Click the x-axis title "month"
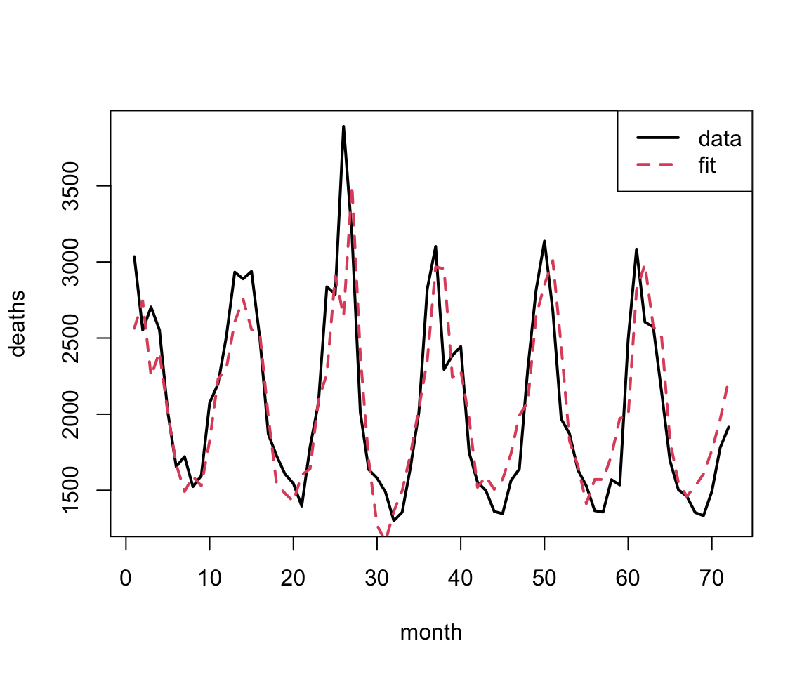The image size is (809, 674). pyautogui.click(x=431, y=633)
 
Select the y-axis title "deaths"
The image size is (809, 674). pyautogui.click(x=18, y=324)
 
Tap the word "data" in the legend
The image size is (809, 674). pyautogui.click(x=720, y=138)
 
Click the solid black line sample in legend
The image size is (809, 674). pyautogui.click(x=658, y=138)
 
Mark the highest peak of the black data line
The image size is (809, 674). pyautogui.click(x=343, y=126)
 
